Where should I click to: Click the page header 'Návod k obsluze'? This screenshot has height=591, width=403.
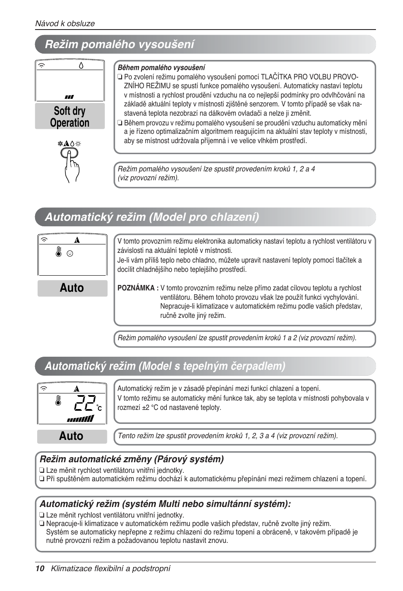[65, 24]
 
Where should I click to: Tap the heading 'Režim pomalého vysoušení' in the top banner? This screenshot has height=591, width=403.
[120, 44]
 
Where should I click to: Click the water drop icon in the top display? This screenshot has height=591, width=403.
[81, 65]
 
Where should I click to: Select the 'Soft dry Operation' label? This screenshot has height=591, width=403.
[70, 117]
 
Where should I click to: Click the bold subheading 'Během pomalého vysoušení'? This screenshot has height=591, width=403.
[161, 68]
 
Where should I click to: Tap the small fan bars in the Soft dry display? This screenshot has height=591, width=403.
[69, 97]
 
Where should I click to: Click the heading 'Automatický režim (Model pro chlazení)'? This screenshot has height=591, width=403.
[152, 217]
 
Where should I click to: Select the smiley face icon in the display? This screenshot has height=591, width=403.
[70, 254]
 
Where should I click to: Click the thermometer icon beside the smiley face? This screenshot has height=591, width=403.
[59, 252]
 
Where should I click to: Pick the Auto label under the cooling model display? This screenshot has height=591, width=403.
[72, 288]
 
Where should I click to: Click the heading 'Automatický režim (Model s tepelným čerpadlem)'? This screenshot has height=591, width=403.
[165, 366]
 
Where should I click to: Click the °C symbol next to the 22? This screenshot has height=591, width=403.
[99, 408]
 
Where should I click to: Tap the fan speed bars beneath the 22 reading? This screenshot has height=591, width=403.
[80, 419]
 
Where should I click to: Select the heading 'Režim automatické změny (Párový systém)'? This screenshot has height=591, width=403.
[131, 459]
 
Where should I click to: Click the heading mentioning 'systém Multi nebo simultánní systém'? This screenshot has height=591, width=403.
[165, 504]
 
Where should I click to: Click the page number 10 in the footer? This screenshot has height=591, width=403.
[40, 569]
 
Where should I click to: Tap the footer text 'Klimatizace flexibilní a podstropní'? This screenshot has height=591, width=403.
[111, 569]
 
